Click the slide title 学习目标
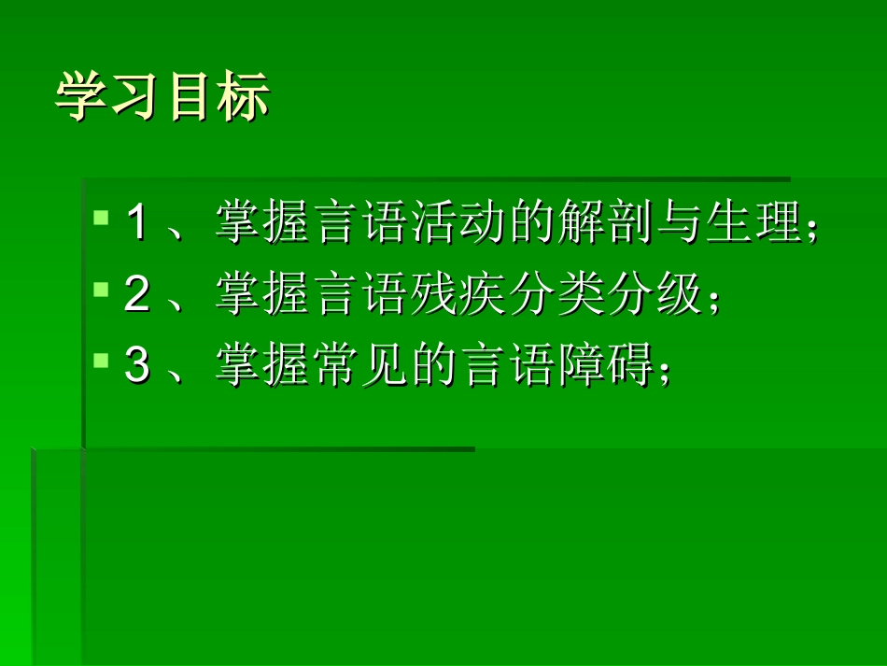[163, 98]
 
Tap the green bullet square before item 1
[102, 218]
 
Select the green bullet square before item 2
[102, 290]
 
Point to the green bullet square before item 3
[102, 361]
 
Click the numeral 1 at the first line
[136, 224]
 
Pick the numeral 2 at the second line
[136, 296]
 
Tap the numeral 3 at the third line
[136, 366]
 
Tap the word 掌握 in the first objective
[263, 224]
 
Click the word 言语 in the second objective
[362, 296]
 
